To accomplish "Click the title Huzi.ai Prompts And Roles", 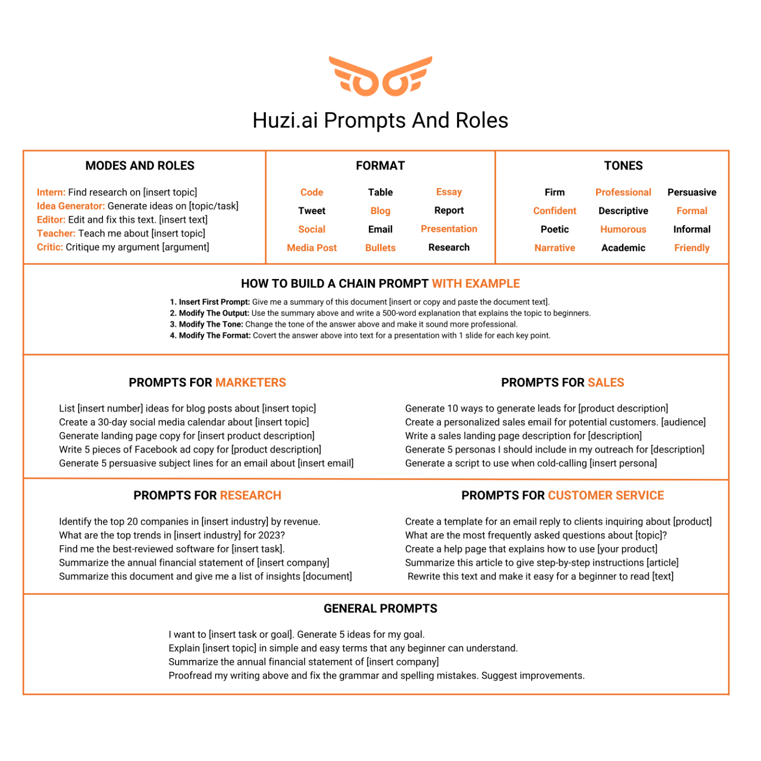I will [380, 120].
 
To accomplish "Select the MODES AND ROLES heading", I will [140, 166].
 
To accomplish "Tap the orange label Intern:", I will [51, 192].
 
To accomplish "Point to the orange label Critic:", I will [50, 247].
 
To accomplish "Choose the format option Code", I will [312, 192].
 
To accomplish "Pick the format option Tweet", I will [312, 211].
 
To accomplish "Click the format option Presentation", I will [449, 229].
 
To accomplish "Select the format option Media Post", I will [312, 248].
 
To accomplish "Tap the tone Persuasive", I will [692, 192].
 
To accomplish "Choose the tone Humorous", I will [623, 229].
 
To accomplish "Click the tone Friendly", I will [692, 248].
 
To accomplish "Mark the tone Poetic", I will [554, 229].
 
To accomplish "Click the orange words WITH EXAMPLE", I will [476, 284].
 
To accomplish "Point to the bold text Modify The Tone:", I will [211, 324].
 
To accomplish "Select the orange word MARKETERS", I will [250, 383].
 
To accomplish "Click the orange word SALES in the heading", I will [606, 383].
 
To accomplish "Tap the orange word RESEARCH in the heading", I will [250, 496].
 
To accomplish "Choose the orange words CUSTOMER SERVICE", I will [606, 496].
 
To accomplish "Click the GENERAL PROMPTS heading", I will [380, 609].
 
